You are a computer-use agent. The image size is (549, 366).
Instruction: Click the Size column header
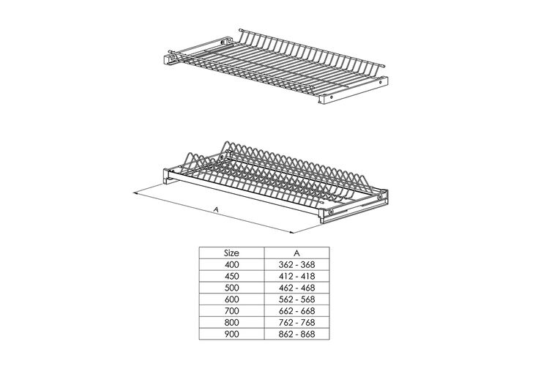[231, 253]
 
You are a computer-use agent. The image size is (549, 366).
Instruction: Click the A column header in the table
[296, 253]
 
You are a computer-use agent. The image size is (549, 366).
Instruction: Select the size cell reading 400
[231, 264]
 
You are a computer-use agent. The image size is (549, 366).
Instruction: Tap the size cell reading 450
[231, 276]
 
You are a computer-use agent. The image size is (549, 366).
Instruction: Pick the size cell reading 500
[231, 288]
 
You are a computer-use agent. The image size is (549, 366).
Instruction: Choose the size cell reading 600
[231, 299]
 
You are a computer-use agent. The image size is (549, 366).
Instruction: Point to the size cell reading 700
[231, 310]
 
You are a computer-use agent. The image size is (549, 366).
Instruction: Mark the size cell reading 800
[231, 322]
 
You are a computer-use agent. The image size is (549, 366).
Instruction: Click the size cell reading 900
[231, 334]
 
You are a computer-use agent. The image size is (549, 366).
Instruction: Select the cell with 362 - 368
[296, 264]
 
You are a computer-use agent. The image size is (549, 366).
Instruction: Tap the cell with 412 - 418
[296, 276]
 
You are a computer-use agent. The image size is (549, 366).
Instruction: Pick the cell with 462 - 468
[296, 288]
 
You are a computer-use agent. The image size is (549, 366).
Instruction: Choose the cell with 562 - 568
[296, 299]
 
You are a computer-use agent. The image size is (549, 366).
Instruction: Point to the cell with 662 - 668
[296, 310]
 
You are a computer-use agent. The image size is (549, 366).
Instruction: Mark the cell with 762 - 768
[296, 322]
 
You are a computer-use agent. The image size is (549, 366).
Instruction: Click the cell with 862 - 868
[296, 334]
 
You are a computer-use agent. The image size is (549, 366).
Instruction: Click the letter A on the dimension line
[217, 209]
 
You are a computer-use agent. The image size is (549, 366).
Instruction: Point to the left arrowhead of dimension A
[137, 193]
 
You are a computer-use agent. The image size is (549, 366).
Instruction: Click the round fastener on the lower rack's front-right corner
[331, 212]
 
